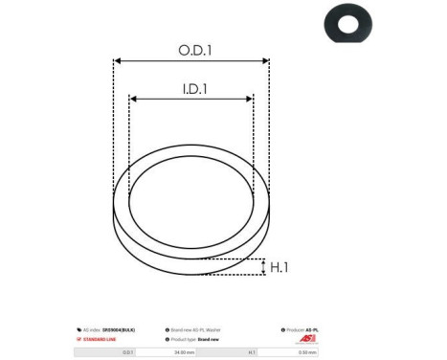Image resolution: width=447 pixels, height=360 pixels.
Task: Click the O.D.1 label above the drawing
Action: click(x=195, y=50)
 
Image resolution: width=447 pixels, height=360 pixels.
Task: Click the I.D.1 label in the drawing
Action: click(x=194, y=89)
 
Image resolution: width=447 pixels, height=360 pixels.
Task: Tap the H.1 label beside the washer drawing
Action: click(x=279, y=267)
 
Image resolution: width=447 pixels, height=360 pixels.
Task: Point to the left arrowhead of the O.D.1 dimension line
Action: click(x=117, y=61)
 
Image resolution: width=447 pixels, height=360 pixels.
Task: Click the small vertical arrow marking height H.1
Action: click(x=263, y=266)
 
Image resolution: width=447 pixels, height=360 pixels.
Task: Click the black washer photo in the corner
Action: click(x=347, y=23)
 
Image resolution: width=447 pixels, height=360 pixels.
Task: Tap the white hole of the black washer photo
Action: click(x=347, y=22)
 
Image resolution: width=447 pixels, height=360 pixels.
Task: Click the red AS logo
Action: click(x=306, y=339)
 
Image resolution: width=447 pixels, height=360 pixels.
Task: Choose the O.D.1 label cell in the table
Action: click(x=126, y=352)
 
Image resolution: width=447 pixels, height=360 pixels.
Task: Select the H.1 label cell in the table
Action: click(x=252, y=352)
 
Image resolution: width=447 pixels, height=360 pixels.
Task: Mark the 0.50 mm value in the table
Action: click(x=306, y=352)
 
